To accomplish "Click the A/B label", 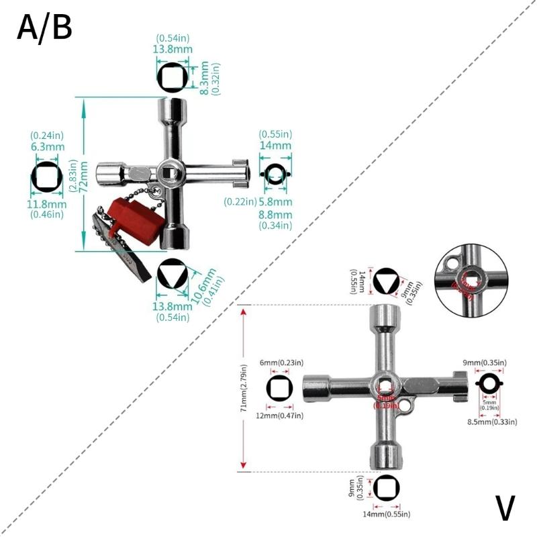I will point(44,28).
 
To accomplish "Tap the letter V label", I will point(506,509).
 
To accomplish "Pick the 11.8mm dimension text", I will point(48,204).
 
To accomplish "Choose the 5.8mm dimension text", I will point(275,201).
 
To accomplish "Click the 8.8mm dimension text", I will point(275,214).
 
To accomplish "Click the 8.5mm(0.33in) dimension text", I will point(491,422).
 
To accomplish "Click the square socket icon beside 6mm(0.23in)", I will point(279,389).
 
